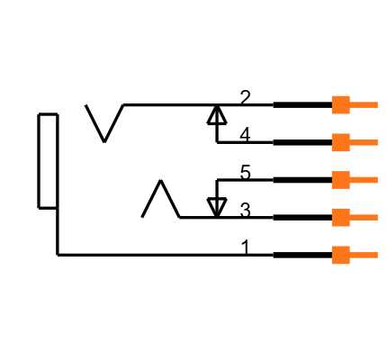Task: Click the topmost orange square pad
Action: tap(340, 104)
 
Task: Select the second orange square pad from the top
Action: tap(340, 142)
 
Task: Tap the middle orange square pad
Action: tap(340, 180)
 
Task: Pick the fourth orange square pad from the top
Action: tap(340, 217)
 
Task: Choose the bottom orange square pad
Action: tap(340, 255)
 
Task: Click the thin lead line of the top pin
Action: tap(364, 104)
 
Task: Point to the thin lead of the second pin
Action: tap(364, 142)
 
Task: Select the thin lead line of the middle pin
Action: tap(364, 180)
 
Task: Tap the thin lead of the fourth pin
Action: tap(364, 217)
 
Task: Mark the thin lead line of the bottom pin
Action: tap(364, 255)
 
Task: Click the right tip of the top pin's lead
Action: tap(376, 104)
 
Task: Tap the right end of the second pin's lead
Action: tap(376, 142)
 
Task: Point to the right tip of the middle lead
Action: tap(376, 180)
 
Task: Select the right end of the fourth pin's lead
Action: tap(376, 217)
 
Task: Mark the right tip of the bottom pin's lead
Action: tap(376, 255)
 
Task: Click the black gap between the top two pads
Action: tap(340, 123)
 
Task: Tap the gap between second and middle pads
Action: tap(340, 161)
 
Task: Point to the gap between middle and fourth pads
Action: tap(340, 199)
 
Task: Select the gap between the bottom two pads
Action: tap(340, 236)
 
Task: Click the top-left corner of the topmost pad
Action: tap(332, 96)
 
